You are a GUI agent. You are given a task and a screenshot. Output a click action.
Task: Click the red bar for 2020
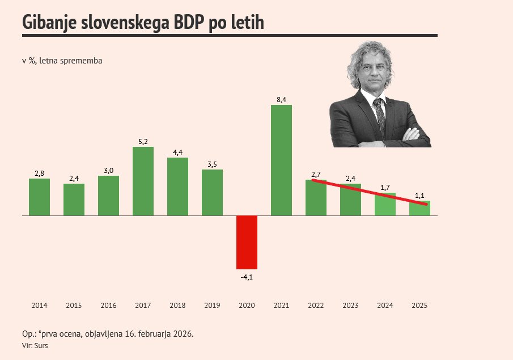click(x=247, y=242)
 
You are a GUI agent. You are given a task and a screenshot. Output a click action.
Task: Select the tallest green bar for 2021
click(x=281, y=160)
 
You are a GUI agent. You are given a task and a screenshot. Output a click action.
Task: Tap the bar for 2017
click(x=143, y=181)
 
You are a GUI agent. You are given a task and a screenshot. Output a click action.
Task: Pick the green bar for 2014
click(x=39, y=197)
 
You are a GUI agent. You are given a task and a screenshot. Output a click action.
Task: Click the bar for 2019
click(x=212, y=192)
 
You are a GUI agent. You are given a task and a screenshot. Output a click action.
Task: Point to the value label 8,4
click(x=281, y=100)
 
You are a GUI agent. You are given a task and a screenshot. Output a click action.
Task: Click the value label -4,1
click(x=247, y=277)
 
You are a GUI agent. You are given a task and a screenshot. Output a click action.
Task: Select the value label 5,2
click(x=143, y=142)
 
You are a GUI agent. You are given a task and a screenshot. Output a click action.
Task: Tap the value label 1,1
click(x=420, y=196)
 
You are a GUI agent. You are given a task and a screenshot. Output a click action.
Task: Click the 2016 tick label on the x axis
click(x=108, y=306)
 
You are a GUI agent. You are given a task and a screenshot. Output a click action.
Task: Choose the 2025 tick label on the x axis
click(x=419, y=306)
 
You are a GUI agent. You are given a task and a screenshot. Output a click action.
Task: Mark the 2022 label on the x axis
click(x=316, y=306)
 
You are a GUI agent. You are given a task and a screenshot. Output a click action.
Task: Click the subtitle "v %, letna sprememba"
click(x=62, y=61)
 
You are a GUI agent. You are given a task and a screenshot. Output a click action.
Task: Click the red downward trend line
click(x=368, y=192)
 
